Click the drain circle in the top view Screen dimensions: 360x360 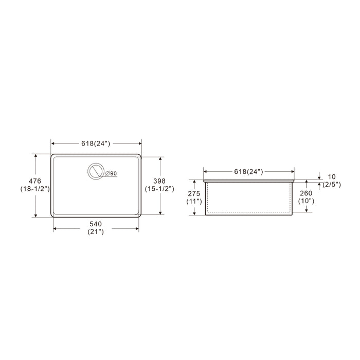point(96,172)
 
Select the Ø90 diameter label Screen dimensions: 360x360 point(111,174)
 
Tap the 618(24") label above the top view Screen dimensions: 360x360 point(96,144)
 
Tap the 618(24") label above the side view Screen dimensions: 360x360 point(248,171)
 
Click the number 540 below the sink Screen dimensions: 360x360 point(96,224)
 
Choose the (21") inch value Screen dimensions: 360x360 point(96,232)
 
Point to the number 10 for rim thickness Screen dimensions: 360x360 point(331,176)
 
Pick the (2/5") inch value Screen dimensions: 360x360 point(331,185)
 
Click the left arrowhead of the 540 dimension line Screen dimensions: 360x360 point(55,229)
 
